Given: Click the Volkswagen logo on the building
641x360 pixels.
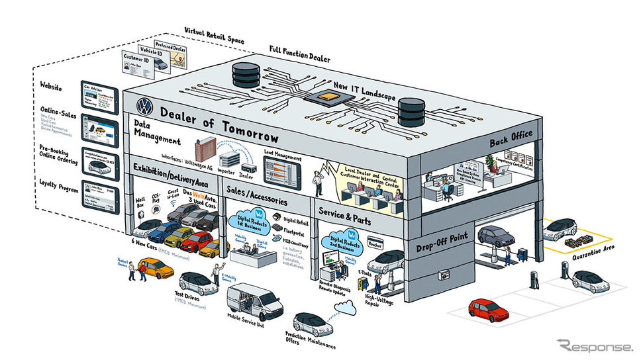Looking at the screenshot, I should (144, 106).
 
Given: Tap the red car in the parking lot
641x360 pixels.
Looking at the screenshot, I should (489, 308).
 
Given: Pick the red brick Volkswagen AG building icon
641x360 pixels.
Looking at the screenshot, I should (206, 152).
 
